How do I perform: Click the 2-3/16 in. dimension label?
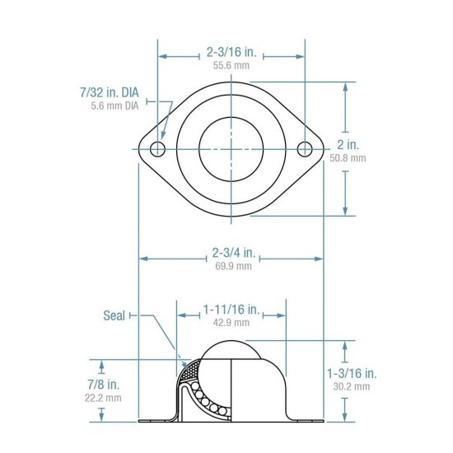[x=231, y=51]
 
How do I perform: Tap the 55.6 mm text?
[x=231, y=64]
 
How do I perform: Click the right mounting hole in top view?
[x=305, y=148]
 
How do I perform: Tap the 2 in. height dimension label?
[x=347, y=144]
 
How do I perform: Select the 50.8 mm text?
[x=347, y=157]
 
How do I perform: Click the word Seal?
[x=114, y=315]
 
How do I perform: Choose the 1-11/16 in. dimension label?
[x=231, y=310]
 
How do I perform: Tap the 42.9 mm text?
[x=231, y=323]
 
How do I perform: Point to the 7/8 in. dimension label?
[x=101, y=384]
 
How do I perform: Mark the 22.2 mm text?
[x=101, y=397]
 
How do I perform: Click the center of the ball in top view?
[x=231, y=148]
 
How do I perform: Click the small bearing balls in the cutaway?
[x=205, y=395]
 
